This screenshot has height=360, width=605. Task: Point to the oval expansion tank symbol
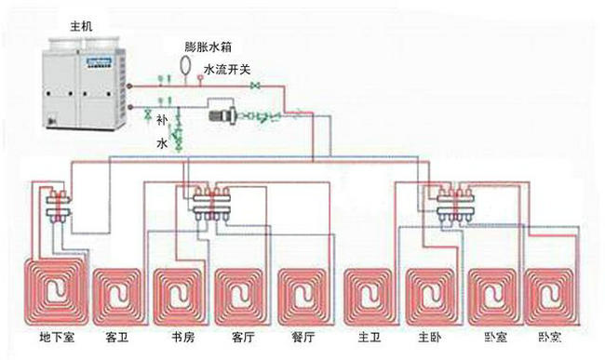184,65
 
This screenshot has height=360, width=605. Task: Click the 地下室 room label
58,334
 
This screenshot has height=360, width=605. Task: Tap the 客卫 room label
118,334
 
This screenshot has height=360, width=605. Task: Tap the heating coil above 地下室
53,293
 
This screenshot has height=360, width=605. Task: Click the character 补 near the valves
162,120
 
